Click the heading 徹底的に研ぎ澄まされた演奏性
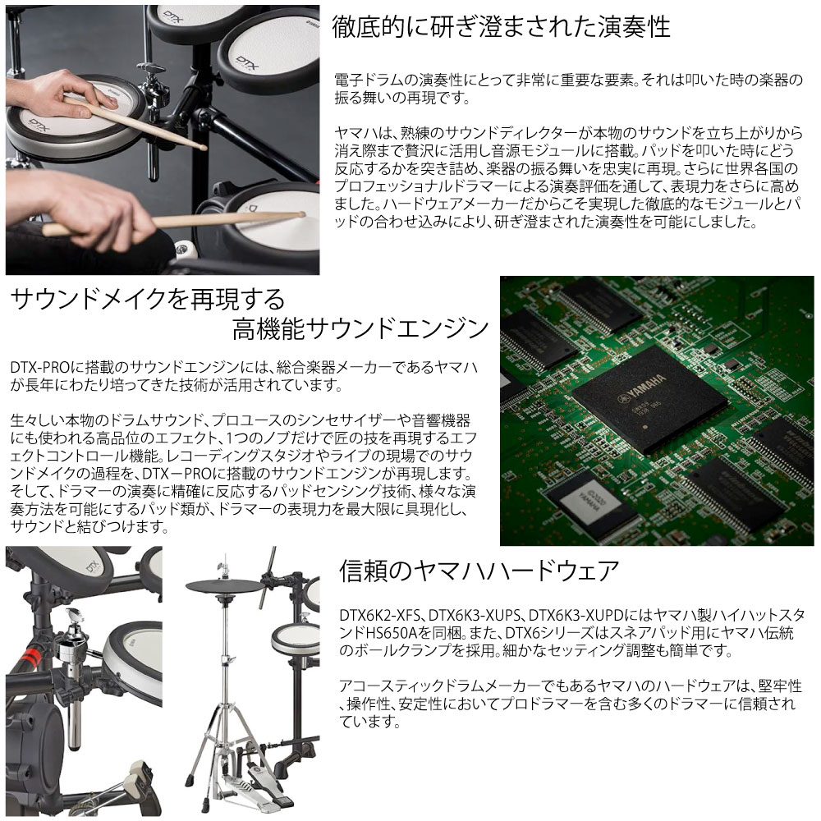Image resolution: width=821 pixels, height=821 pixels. (x=501, y=27)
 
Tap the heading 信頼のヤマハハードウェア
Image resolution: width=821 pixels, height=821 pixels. (x=479, y=571)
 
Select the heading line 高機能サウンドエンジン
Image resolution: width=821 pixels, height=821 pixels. (x=360, y=330)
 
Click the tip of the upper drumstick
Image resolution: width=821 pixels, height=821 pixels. (x=201, y=147)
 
